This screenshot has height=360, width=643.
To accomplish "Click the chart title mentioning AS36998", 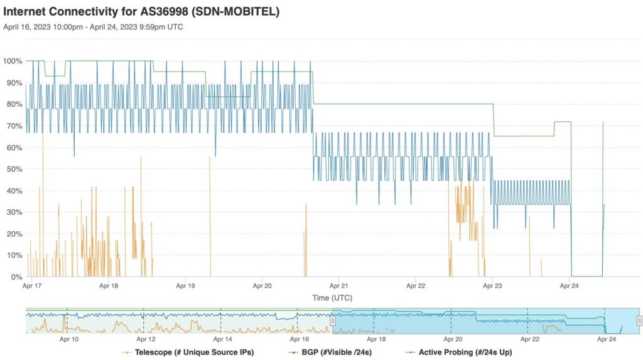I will tap(141, 11).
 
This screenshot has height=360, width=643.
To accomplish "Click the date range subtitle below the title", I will tap(93, 27).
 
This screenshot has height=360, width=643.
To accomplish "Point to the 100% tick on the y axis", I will tap(13, 61).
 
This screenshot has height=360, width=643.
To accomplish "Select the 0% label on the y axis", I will tap(16, 276).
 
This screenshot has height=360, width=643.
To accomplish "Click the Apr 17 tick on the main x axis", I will tap(31, 286).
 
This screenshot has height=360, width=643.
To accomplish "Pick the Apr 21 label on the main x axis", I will tap(338, 286).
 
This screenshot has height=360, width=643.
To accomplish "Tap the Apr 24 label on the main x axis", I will tap(570, 286).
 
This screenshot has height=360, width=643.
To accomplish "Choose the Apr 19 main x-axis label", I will tap(185, 286).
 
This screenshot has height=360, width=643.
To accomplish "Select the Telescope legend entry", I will tap(188, 352).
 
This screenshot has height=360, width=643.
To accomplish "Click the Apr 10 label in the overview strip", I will tap(69, 339).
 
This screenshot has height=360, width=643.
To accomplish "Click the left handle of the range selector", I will tap(333, 321).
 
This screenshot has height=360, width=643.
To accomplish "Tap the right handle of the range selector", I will tap(639, 321).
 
